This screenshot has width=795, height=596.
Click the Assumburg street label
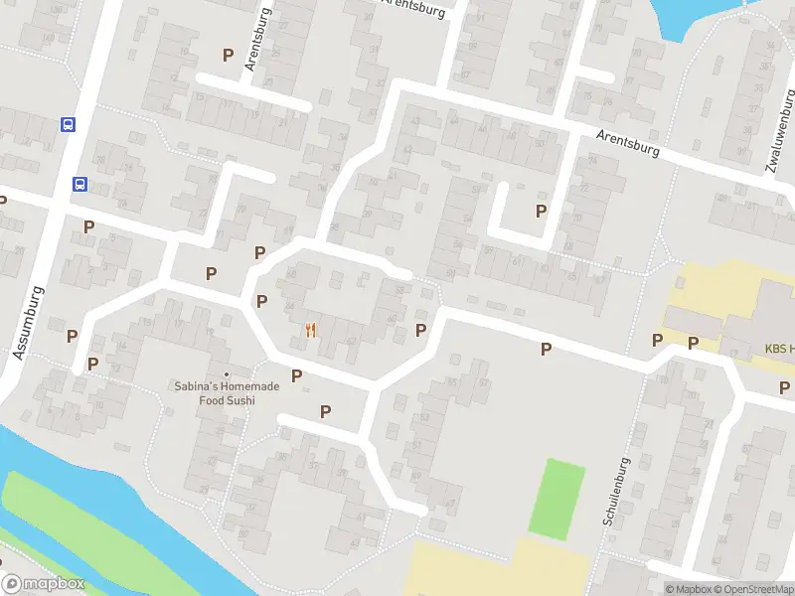click(29, 322)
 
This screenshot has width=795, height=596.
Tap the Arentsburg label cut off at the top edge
click(415, 5)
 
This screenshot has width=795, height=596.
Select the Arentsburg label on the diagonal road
click(627, 147)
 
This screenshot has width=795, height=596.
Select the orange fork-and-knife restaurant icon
click(311, 331)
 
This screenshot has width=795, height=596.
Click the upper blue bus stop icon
click(68, 124)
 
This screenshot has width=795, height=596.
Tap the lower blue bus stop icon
click(79, 184)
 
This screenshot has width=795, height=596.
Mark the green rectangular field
click(556, 499)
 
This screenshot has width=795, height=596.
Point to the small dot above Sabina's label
click(227, 373)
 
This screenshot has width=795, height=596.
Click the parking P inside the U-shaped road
click(542, 211)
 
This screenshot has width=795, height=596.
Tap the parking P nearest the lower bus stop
click(88, 226)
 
